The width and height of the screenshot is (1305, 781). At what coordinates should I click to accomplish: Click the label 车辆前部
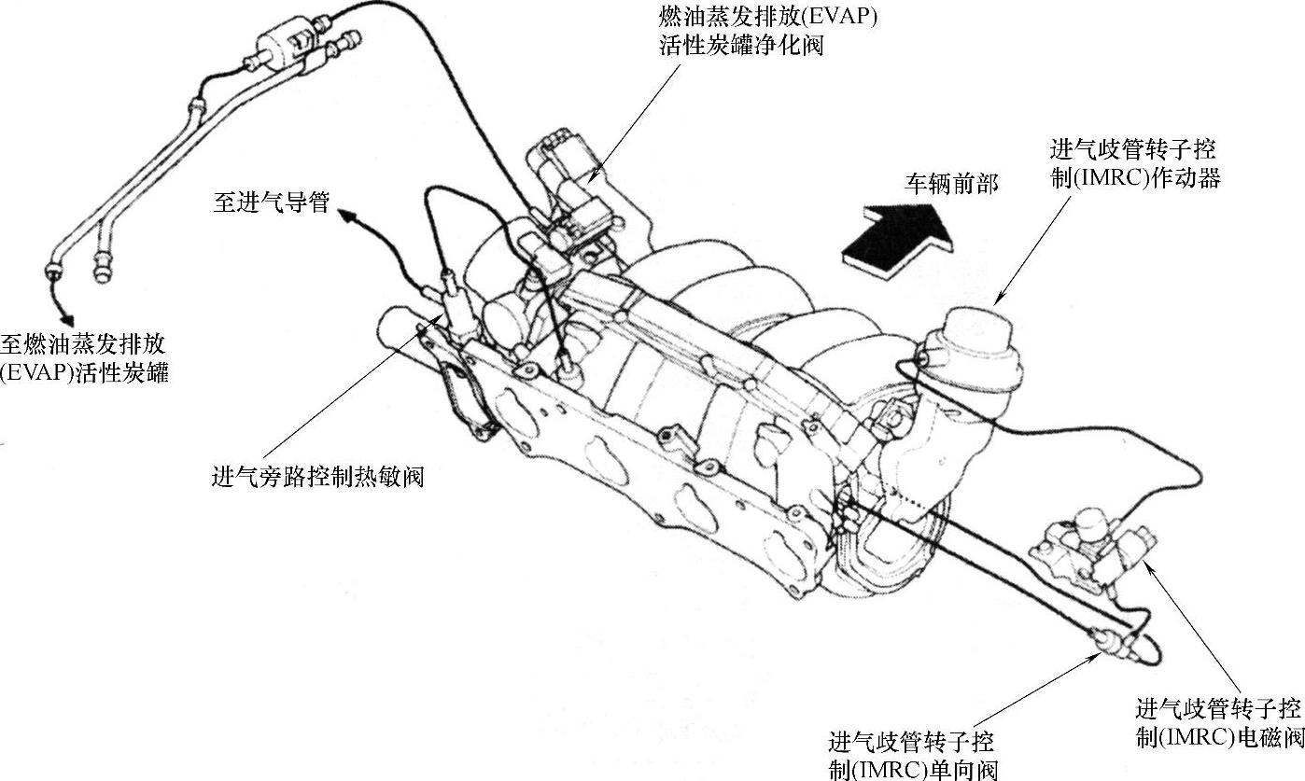[x=950, y=183]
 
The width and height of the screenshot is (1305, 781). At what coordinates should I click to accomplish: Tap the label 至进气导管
[x=271, y=202]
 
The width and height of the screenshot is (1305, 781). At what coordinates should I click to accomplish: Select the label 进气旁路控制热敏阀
[x=318, y=477]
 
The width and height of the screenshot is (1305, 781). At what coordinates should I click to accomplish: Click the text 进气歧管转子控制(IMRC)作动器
[x=1135, y=163]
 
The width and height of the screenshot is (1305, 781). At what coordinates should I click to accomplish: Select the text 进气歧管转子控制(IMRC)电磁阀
[x=1219, y=722]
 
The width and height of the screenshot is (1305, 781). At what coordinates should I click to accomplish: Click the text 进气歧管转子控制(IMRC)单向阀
[x=913, y=756]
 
